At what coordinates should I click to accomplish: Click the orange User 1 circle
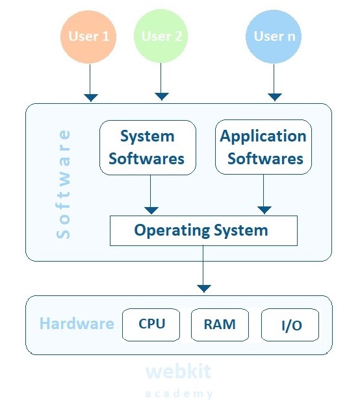tap(88, 36)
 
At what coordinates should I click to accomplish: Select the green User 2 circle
tap(161, 36)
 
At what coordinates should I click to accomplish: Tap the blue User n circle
tap(274, 36)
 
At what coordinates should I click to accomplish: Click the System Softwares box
tap(147, 147)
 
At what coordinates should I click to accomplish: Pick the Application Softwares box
tap(263, 147)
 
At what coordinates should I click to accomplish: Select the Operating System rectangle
tap(203, 230)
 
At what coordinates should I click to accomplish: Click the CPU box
tap(152, 324)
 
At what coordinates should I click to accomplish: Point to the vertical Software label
tap(64, 184)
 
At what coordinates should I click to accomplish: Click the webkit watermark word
tap(178, 372)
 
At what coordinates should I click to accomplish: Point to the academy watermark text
tap(179, 394)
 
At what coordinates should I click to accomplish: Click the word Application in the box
tap(263, 136)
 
